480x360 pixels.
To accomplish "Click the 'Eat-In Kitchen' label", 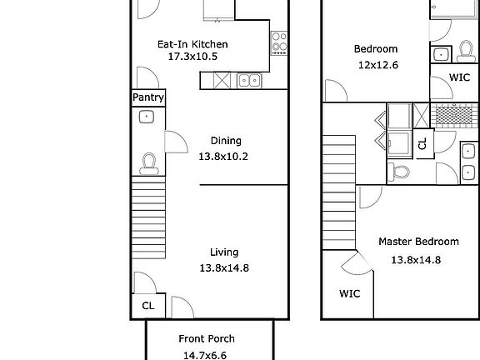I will pos(192,44).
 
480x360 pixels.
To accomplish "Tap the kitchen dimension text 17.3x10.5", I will pos(192,57).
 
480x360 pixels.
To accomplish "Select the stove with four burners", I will pos(277,42).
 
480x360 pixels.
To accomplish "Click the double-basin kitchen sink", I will pos(247,80).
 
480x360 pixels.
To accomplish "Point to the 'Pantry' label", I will pos(147,98).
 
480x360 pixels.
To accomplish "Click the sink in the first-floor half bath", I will pos(147,117).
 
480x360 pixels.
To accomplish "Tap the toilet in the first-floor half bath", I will pos(148,162).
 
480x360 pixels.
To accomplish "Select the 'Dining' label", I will pos(225,141).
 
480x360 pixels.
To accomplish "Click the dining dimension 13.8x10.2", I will pos(223,156).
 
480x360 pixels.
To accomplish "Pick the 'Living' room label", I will pos(224,252).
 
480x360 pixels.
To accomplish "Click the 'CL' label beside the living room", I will pos(147,306).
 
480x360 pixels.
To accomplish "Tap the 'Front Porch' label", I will pos(207,338).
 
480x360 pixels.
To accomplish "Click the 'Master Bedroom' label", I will pos(418,242).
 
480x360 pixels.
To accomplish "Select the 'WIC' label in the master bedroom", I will pos(349,293).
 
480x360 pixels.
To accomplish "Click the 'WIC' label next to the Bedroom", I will pos(459,77).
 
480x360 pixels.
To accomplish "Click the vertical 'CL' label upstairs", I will pos(422,143).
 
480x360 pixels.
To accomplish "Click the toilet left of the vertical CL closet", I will pos(399,172).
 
